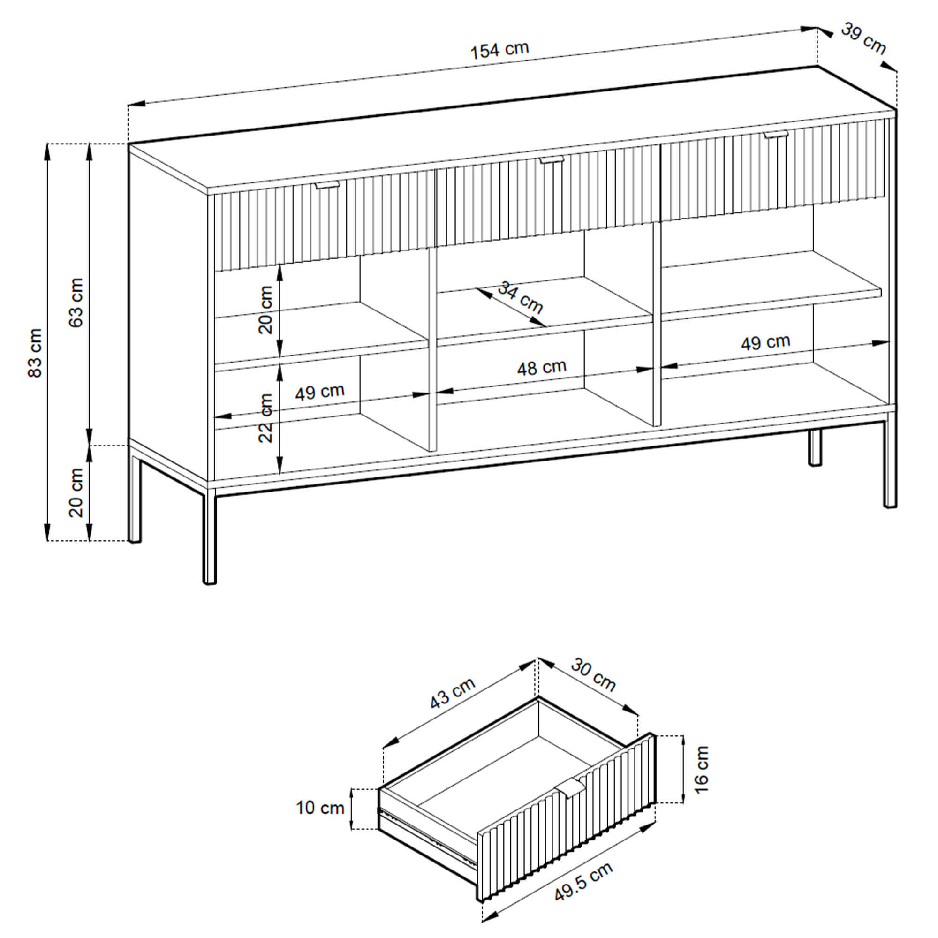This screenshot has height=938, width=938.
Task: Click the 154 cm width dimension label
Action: point(499,51)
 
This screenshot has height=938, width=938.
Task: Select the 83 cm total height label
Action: point(36,353)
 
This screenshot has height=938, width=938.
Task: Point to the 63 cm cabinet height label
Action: point(77,303)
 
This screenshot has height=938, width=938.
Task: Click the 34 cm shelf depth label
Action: point(521,297)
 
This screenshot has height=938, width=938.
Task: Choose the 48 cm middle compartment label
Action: point(541,368)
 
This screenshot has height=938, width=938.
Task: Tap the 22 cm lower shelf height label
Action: point(266,418)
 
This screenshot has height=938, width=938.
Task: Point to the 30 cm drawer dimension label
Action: point(593,674)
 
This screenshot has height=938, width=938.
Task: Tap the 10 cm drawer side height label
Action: point(320,808)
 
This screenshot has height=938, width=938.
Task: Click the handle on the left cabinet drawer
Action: point(327,185)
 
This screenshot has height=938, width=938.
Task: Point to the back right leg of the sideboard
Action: point(815,447)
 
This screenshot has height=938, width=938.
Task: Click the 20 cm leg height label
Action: point(77,493)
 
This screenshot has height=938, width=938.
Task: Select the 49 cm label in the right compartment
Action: point(766,342)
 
